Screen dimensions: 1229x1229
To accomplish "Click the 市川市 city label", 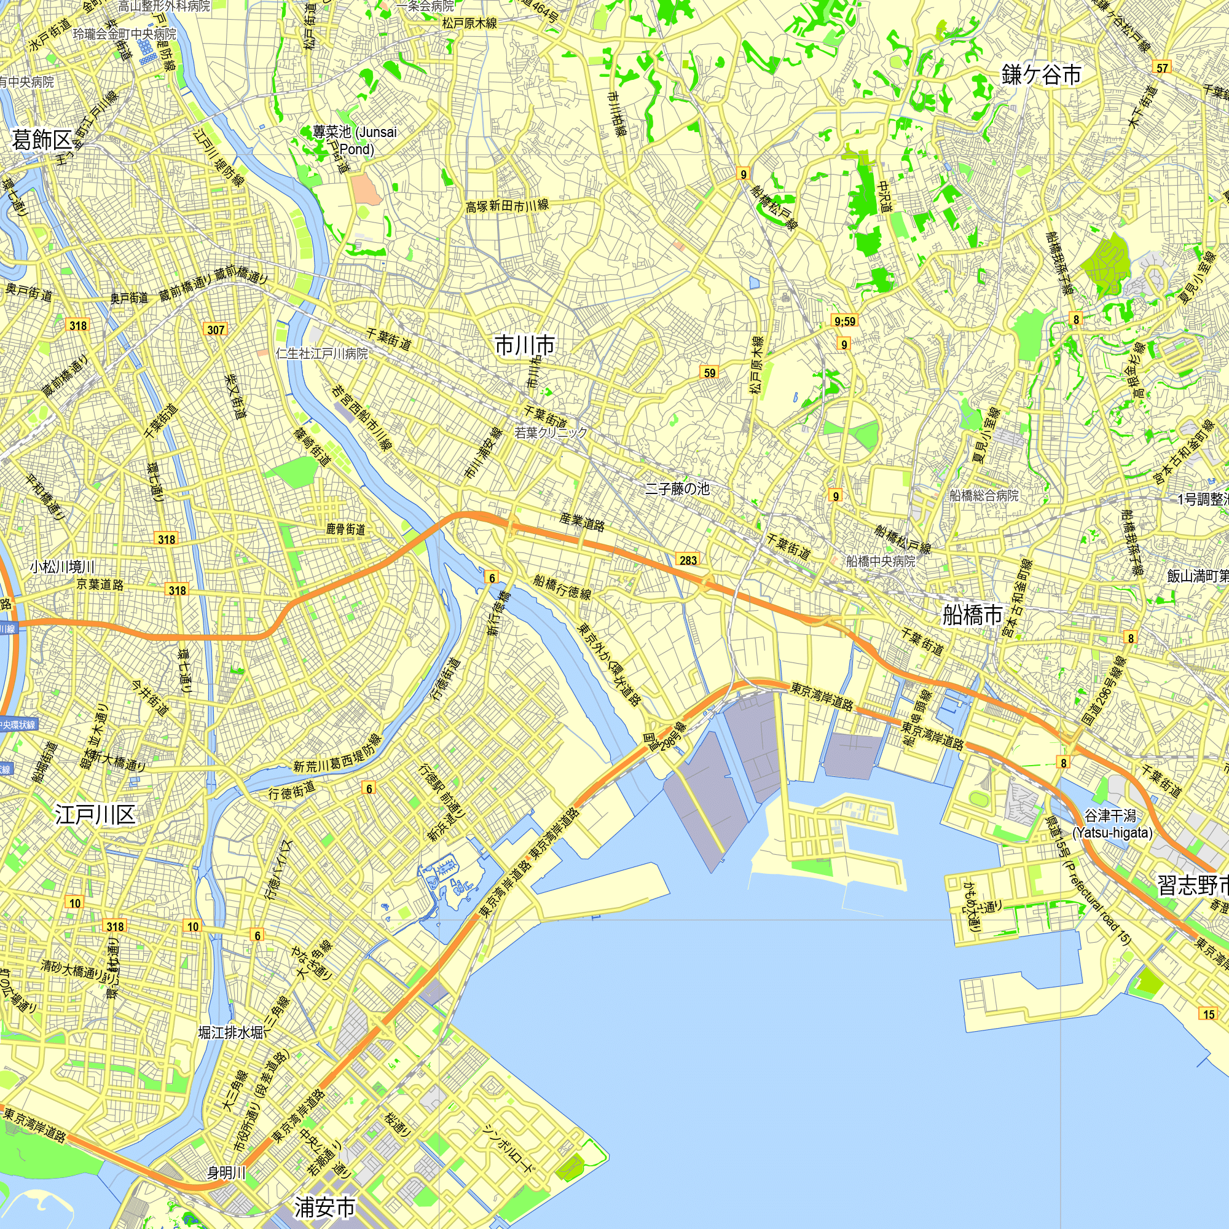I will pos(525,345).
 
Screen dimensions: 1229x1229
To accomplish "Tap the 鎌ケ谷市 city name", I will pos(1042,74).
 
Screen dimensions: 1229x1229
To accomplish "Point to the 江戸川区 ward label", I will pos(95,814).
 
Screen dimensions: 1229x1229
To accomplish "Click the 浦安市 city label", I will pos(324,1206).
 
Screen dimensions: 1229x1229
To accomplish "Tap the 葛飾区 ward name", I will pos(42,141).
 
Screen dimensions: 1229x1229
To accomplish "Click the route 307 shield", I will pos(216,329).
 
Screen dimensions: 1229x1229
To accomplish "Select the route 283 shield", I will pos(688,560).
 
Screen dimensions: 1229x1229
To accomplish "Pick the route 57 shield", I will pos(1162,68).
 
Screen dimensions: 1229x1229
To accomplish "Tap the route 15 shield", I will pos(1209,1014).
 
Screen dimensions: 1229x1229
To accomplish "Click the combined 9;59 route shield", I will pos(845,321).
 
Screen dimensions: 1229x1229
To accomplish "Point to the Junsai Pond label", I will pos(355,140).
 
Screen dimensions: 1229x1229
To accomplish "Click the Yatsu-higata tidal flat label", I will pos(1112,824).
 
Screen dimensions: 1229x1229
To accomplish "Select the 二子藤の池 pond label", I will pos(677,489).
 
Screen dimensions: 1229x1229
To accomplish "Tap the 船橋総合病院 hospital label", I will pos(983,495).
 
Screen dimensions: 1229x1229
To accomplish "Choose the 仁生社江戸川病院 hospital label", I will pos(322,354).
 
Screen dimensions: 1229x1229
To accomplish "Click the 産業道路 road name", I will pos(582,522).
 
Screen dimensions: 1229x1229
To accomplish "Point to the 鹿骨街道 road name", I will pos(346,529).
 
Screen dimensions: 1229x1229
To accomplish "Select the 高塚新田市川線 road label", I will pos(507,206).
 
